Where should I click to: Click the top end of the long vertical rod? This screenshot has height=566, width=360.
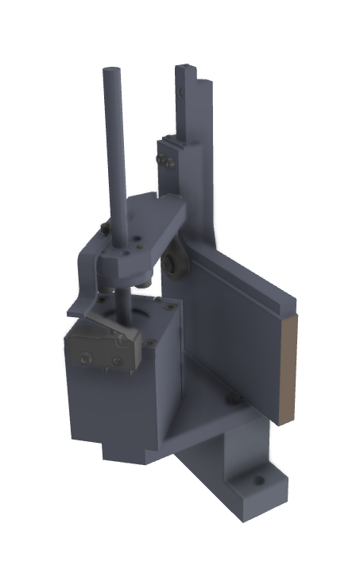coord(109,73)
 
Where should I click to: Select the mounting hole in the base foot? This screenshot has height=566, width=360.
coord(257,480)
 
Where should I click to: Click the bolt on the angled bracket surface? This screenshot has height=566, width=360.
coord(234,397)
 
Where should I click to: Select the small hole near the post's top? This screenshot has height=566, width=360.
coord(183,93)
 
